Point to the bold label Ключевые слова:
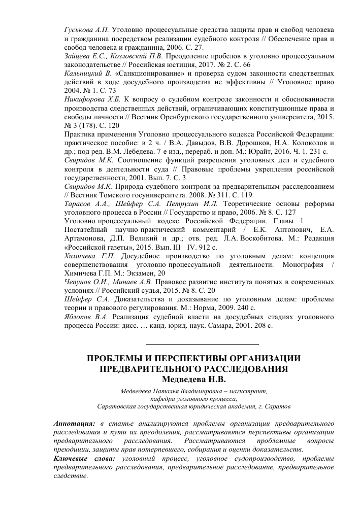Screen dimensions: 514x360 84,459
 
